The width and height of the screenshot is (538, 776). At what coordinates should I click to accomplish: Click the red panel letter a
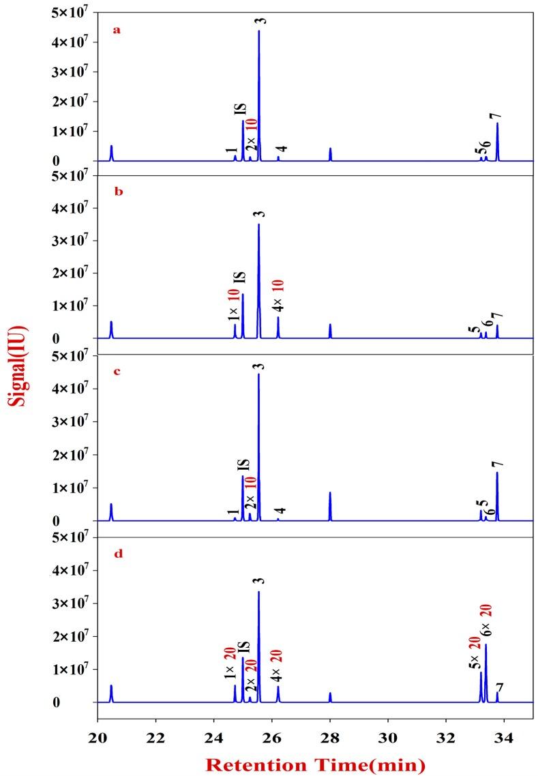[x=117, y=31]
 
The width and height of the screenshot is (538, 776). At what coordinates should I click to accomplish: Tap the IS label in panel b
[x=240, y=279]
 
